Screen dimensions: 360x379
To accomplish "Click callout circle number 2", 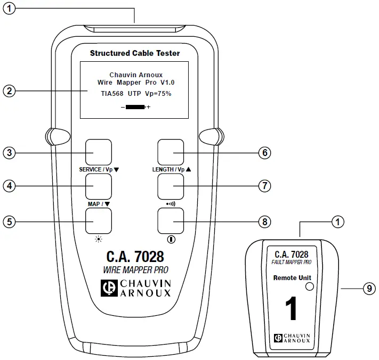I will point(8,90).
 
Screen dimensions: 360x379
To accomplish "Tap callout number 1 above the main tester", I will point(8,9).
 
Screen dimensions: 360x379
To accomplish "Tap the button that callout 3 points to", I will point(99,152).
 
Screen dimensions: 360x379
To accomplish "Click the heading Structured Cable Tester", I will point(134,53).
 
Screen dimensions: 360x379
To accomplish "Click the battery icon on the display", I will point(135,107).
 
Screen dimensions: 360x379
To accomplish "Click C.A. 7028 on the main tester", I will point(134,256).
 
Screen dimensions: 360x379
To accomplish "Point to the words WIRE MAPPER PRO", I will point(135,270).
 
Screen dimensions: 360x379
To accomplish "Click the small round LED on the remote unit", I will point(309,286).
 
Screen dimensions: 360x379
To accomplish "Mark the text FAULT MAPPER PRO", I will point(292,263).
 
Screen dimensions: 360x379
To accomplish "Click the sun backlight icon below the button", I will point(98,239).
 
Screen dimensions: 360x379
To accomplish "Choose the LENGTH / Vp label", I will point(168,170).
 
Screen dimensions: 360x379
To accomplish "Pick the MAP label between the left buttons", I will point(96,203).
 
